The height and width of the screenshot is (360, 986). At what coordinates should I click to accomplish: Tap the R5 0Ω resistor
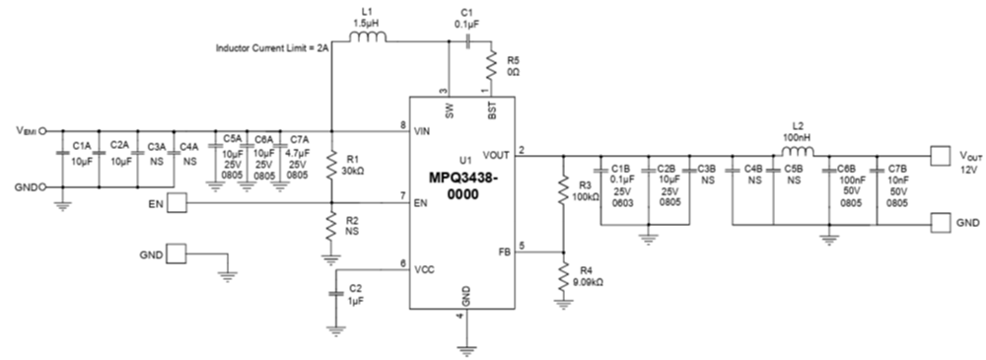pos(490,68)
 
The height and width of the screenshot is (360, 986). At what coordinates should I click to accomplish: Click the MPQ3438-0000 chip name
pos(463,184)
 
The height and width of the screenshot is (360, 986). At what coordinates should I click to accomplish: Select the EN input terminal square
pos(176,203)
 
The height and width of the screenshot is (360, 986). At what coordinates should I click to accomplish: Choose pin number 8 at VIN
pos(404,125)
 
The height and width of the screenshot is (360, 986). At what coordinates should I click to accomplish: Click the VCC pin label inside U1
pos(426,269)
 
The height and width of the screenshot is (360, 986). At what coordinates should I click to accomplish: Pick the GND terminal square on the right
pos(941,224)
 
